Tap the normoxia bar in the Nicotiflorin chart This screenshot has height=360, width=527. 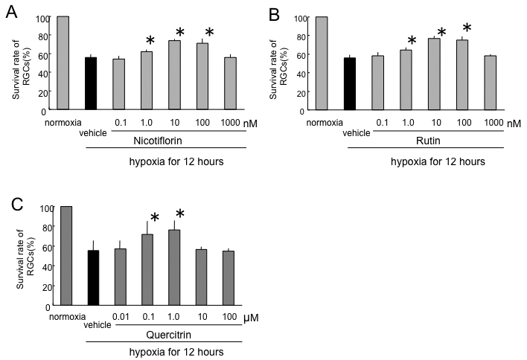point(63,62)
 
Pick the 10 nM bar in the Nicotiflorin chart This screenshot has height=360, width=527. point(174,75)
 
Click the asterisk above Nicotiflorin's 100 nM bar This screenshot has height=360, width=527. point(209,33)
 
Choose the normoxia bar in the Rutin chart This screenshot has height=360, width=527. point(321,63)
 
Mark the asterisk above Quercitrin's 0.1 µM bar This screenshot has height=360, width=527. point(155,217)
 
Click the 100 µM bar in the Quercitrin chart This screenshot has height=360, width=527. point(229,278)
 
